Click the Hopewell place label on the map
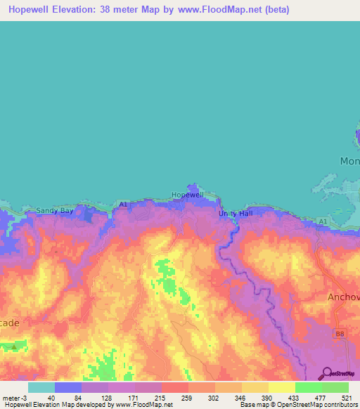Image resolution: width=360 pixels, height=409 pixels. click(x=188, y=195)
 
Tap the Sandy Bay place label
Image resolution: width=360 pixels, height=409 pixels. click(x=55, y=210)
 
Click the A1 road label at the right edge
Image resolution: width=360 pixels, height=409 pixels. click(x=323, y=221)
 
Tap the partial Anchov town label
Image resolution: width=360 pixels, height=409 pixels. click(x=343, y=297)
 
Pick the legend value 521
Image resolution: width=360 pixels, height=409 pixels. click(x=345, y=397)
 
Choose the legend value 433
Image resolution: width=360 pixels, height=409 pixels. click(x=292, y=397)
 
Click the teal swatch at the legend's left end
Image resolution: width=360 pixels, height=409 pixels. click(x=41, y=387)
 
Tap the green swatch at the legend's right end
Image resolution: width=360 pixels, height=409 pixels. click(x=335, y=387)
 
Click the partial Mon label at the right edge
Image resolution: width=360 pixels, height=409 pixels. click(x=349, y=161)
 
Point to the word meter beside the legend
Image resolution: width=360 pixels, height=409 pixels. click(x=11, y=397)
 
